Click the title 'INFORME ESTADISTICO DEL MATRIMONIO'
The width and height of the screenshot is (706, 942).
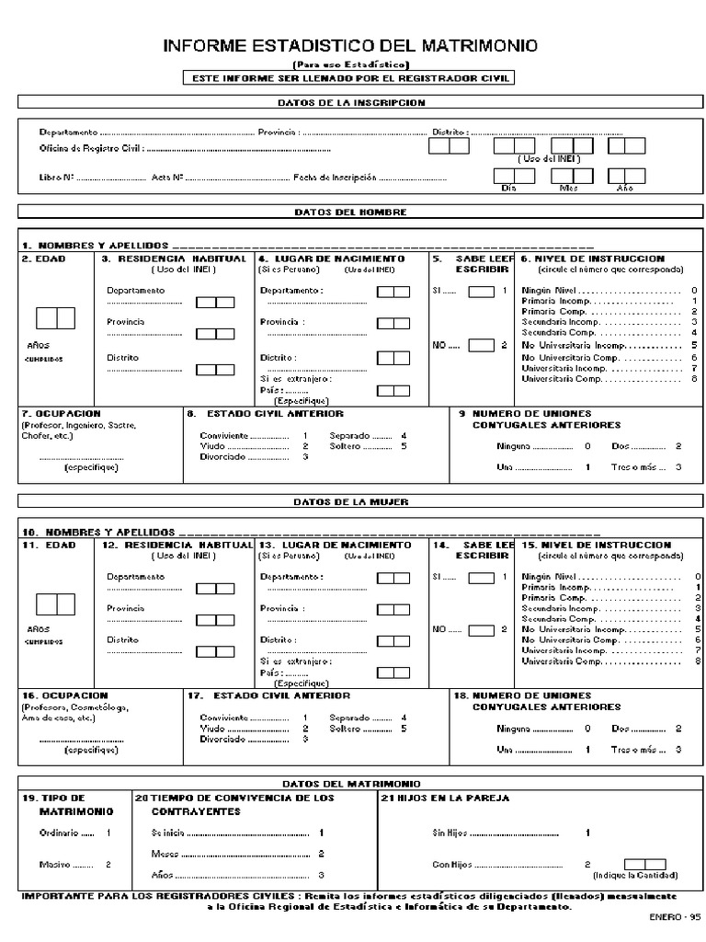click(351, 46)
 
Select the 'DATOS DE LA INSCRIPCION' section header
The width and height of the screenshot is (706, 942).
click(351, 103)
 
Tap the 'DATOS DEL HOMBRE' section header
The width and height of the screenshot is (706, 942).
click(351, 212)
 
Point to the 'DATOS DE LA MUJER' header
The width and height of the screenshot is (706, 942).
click(351, 502)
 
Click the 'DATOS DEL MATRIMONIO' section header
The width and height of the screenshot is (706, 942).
click(351, 782)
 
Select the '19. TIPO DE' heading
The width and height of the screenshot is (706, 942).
click(53, 798)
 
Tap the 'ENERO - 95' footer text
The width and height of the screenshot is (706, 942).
click(675, 917)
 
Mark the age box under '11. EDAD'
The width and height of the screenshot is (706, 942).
click(55, 604)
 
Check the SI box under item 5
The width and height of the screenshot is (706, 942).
click(482, 292)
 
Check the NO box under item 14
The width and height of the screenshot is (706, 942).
click(482, 630)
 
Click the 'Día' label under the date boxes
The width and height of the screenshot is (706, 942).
click(508, 188)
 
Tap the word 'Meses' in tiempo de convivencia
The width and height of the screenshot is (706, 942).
click(165, 854)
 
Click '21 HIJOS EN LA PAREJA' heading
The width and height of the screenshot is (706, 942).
click(445, 798)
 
